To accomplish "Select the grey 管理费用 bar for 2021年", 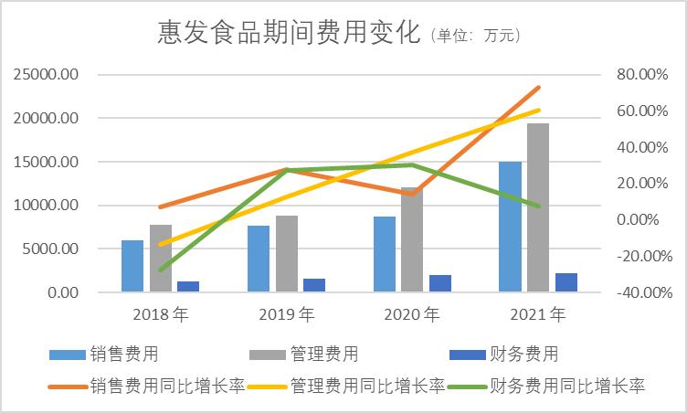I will tap(538, 207).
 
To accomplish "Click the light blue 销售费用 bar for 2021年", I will tap(510, 227).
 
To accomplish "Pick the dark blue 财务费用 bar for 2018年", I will tap(188, 286).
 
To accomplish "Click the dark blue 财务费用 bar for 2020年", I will tap(440, 283).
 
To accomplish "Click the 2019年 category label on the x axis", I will tap(286, 315).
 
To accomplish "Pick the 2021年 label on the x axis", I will tap(538, 315).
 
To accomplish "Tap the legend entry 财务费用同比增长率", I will tap(567, 386).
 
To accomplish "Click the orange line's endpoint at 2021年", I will tap(539, 88).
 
